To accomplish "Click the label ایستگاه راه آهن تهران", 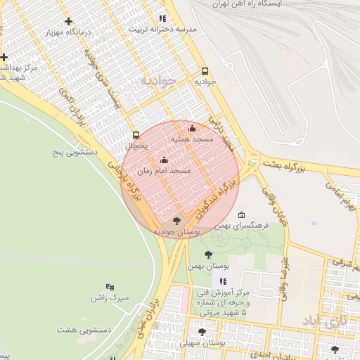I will (281, 4).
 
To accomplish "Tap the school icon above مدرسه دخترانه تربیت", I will (162, 19).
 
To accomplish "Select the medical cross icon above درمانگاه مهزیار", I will (68, 22).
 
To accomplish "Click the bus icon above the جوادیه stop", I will (205, 71).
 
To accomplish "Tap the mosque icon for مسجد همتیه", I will (193, 128).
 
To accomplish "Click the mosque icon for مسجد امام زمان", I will (165, 160).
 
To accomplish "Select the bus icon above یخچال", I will (136, 135).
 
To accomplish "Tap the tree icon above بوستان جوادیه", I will (175, 221).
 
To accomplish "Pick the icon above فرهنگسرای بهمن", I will (242, 214).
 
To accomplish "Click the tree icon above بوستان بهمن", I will (208, 254).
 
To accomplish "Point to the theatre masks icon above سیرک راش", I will (109, 287).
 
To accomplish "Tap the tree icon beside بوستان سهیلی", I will (202, 332).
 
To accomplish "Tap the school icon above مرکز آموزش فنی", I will (224, 281).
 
